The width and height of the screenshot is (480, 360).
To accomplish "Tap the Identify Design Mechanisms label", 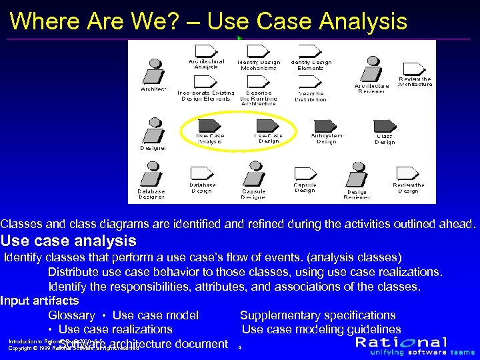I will coord(259,65).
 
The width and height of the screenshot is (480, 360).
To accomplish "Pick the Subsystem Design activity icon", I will coord(326,125).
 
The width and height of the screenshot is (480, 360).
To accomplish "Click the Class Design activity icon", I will coord(385,125).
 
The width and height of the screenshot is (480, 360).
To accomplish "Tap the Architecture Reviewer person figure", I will coord(371,69).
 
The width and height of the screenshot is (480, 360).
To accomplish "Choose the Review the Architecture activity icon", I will coord(415,68).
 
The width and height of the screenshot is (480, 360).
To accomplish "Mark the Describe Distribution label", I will coord(311,96).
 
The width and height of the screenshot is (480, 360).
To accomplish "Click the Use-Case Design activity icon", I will coord(267,125).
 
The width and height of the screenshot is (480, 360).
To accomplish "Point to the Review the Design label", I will coord(408,188).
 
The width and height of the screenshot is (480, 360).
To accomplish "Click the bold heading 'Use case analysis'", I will coord(69,241).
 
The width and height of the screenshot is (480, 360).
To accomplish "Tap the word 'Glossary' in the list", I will coord(71,315).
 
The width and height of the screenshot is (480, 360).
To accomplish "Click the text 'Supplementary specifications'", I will coord(317,315).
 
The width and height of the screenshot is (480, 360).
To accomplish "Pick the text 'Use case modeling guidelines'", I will coord(321,329).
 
